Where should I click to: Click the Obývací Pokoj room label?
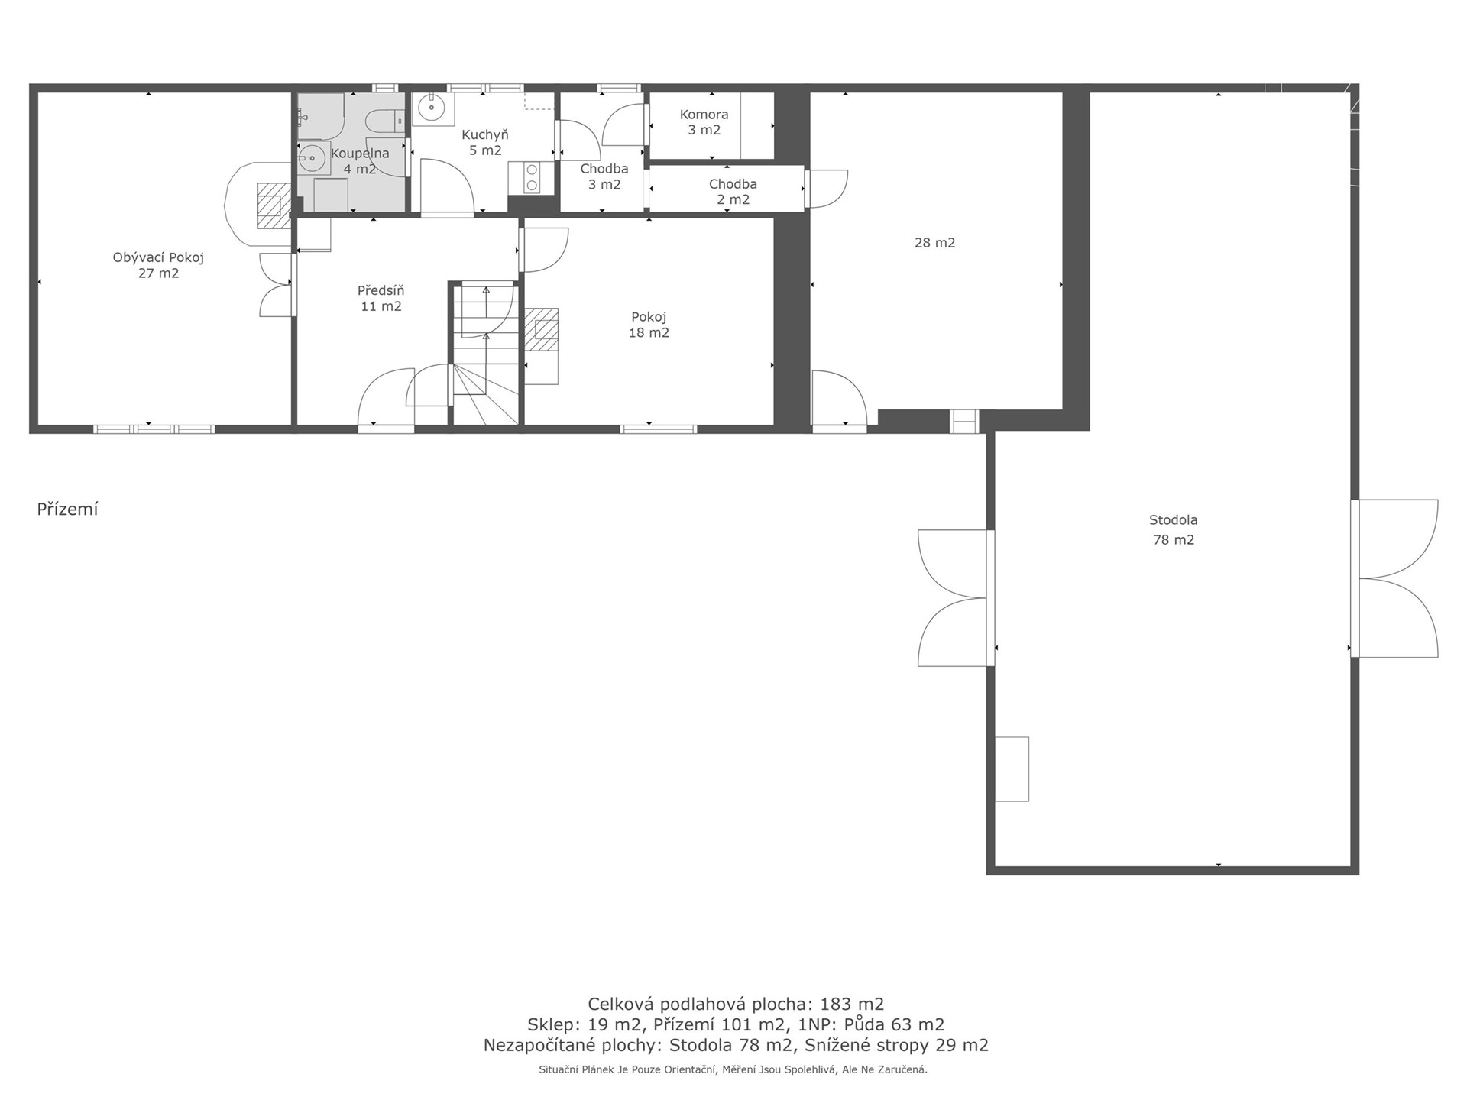pos(158,265)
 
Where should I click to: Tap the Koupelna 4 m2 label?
pos(360,161)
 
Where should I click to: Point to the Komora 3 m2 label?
pos(704,122)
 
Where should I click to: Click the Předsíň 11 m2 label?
pos(381,298)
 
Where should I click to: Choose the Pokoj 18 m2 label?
pos(649,325)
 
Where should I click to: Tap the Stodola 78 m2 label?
pos(1173,530)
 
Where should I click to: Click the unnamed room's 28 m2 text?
pos(934,243)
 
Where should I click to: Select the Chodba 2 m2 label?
pos(733,192)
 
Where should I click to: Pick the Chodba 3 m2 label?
pos(604,176)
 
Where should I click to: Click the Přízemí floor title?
pos(67,510)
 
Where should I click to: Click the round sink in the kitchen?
pos(432,108)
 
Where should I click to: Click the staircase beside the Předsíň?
pos(485,353)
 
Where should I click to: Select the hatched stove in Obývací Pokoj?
pos(274,206)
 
